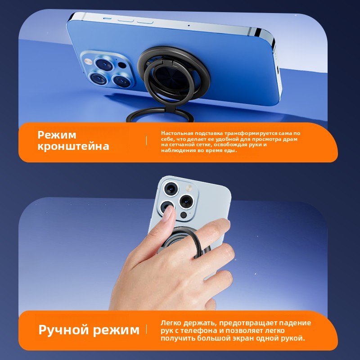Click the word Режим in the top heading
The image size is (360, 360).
click(57, 135)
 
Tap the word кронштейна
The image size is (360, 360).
click(73, 146)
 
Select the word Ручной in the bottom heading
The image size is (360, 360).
click(63, 330)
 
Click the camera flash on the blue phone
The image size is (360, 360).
click(88, 61)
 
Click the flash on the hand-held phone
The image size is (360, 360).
click(189, 188)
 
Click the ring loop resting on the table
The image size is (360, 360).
click(160, 115)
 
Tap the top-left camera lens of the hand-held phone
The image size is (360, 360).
click(171, 189)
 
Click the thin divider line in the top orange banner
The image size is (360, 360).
click(146, 140)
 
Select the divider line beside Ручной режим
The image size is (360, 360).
click(146, 329)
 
